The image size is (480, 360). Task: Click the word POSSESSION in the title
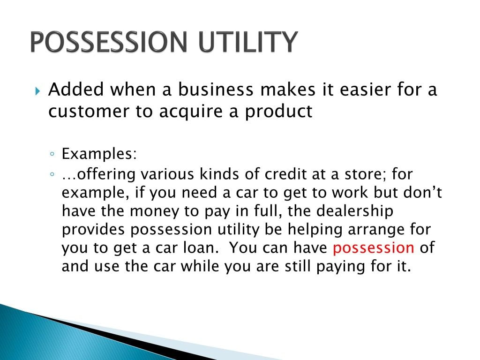(109, 42)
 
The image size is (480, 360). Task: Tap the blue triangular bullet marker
(37, 91)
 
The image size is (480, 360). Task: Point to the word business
(216, 90)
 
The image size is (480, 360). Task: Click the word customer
(89, 111)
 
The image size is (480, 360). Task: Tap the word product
(278, 112)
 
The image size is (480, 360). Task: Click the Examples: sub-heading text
(99, 154)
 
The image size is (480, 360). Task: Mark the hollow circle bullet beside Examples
(52, 154)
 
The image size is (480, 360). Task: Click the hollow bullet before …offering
(52, 175)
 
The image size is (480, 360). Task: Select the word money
(155, 211)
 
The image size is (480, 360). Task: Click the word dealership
(354, 211)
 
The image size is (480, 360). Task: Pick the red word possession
(374, 248)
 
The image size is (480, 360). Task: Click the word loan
(201, 247)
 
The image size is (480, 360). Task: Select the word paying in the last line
(340, 267)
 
